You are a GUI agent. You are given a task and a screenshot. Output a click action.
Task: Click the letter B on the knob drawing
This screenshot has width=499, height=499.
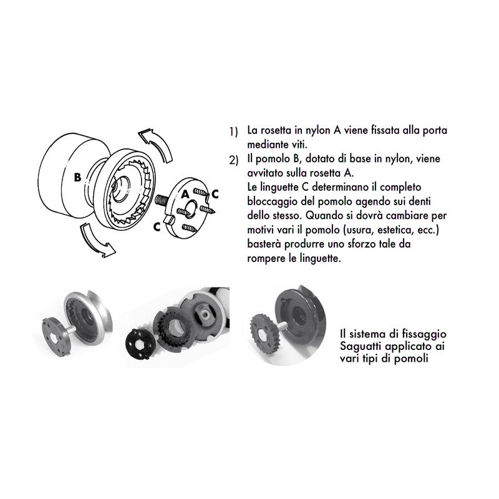(77, 177)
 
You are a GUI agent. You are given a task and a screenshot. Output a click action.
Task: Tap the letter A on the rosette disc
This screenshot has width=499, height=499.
(185, 194)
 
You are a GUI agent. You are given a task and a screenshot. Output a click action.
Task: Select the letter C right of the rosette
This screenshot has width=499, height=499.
(215, 193)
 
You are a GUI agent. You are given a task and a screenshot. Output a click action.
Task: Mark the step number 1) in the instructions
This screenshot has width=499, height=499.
(233, 132)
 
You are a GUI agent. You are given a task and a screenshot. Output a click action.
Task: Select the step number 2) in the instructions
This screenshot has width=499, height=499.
(233, 161)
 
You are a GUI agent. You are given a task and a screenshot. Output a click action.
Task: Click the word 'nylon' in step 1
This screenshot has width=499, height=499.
(312, 131)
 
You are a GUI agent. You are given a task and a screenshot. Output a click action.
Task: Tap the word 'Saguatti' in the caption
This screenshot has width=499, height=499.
(359, 345)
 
